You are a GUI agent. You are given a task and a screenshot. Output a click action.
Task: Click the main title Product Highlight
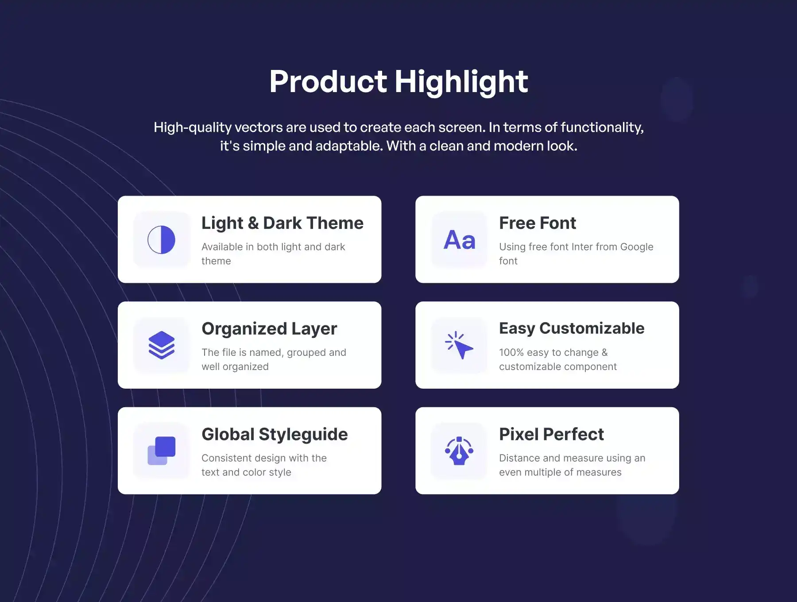[x=398, y=82]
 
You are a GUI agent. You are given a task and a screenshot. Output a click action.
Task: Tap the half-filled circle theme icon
[x=161, y=239]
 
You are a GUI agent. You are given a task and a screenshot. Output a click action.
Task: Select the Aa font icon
[x=459, y=240]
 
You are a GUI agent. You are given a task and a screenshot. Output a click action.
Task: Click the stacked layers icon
[x=162, y=345]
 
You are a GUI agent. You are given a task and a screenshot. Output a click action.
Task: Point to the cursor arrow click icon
[x=459, y=345]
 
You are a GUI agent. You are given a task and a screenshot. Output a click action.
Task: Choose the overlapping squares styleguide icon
[x=161, y=451]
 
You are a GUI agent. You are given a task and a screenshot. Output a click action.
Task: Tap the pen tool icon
[x=459, y=451]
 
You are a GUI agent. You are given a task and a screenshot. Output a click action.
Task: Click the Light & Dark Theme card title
[x=282, y=223]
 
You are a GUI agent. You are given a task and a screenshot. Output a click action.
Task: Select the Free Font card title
[x=538, y=223]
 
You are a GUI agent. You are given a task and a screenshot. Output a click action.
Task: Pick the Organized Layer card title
[x=269, y=329]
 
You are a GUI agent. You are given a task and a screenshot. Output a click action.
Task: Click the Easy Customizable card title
[x=572, y=328]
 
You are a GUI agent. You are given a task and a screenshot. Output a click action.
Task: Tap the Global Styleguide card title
[x=275, y=434]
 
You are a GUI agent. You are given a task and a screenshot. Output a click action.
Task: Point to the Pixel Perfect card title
[x=551, y=434]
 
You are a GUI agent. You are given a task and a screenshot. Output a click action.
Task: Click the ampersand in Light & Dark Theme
[x=253, y=223]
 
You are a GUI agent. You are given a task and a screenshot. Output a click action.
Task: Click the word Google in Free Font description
[x=637, y=247]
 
